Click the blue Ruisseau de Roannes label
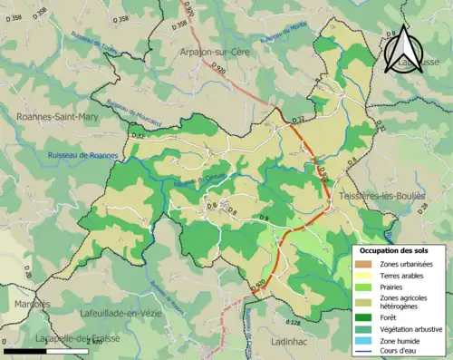[82, 155]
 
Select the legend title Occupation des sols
[397, 250]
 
